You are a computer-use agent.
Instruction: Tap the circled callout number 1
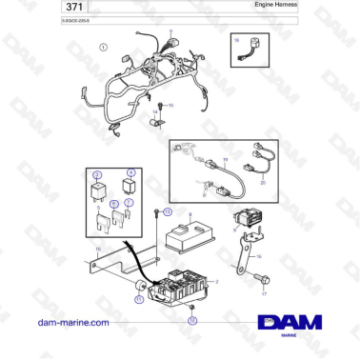[103, 45]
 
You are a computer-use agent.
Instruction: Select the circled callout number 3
[96, 173]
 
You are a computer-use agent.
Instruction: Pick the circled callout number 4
[132, 173]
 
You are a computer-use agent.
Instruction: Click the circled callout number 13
[169, 210]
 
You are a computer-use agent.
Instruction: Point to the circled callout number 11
[139, 299]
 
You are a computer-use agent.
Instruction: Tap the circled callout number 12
[191, 320]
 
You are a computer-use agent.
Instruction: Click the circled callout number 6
[114, 203]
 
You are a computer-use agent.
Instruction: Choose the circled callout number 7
[129, 203]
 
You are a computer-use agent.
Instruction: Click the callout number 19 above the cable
[225, 158]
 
